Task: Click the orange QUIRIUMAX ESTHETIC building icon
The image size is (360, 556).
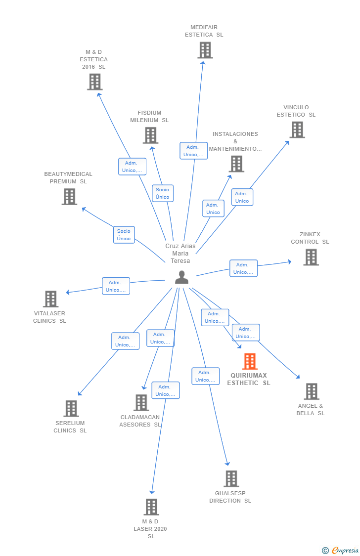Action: coord(250,361)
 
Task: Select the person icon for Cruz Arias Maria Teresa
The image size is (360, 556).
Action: coord(181,277)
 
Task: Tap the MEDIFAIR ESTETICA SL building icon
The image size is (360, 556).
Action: coord(205,50)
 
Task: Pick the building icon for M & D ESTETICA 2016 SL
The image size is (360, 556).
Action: coord(95,82)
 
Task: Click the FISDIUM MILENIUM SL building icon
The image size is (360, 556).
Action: coord(151,135)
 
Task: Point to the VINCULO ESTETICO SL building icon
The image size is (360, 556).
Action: coord(298,130)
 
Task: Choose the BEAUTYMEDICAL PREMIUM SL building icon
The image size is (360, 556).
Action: coord(70,196)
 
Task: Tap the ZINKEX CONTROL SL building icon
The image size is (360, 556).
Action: coord(312,257)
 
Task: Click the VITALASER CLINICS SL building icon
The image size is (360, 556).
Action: coord(51,299)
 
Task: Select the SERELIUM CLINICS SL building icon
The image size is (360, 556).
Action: coord(71,409)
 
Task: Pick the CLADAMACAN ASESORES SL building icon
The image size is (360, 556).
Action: coord(141,403)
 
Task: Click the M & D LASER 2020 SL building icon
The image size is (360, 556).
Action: coord(151,507)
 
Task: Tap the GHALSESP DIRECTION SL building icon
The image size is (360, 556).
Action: coord(231,479)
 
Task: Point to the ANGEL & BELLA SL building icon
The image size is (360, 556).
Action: coord(312,391)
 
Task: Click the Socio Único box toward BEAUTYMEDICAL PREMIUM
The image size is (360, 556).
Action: coord(124,235)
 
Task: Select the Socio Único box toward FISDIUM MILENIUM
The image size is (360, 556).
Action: coord(163,193)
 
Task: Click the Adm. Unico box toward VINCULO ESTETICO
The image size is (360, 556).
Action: coord(242,197)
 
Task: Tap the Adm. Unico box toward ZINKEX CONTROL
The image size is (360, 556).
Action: coord(244,268)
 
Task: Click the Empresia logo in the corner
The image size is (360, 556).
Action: coord(341,551)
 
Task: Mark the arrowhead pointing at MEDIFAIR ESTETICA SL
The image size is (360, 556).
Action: coord(203,63)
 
